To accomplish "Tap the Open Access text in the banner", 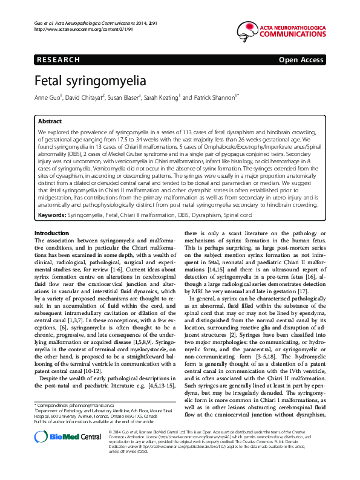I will pos(301,60).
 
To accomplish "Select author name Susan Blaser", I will pos(125,97).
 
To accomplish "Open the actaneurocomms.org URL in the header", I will pos(73,29).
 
